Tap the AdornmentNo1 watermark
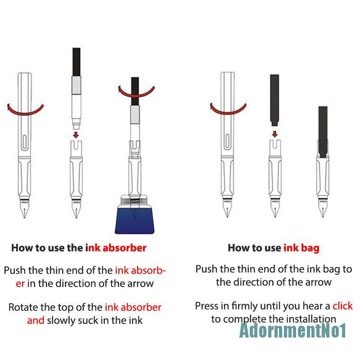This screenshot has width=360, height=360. tap(293, 330)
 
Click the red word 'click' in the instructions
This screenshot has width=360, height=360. tap(342, 306)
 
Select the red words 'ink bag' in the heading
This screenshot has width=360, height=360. tap(301, 248)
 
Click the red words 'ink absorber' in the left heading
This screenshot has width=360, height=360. tap(116, 248)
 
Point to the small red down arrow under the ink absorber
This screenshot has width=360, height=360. tap(76, 135)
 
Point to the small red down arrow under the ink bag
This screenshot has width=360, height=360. tap(274, 134)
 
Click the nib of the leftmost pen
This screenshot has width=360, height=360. tap(25, 209)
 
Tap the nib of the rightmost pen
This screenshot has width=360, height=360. tap(323, 208)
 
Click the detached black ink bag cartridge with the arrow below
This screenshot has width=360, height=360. tap(274, 100)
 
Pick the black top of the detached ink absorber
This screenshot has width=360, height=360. tap(76, 62)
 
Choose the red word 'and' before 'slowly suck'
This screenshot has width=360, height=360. tap(36, 320)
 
